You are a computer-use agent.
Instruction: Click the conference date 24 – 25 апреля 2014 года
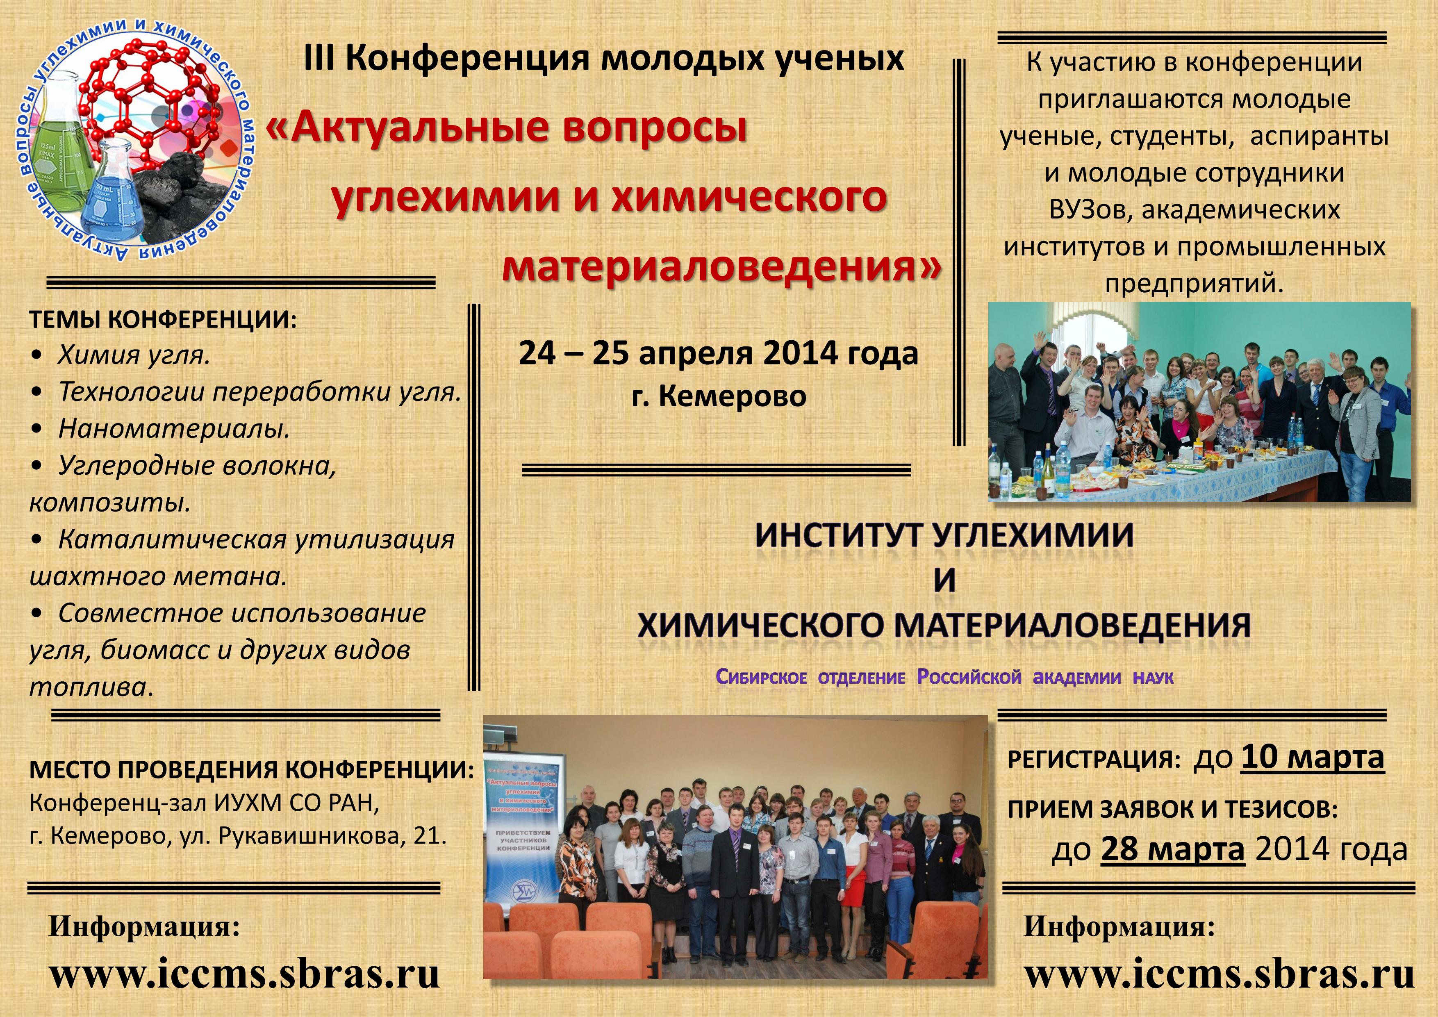(x=718, y=353)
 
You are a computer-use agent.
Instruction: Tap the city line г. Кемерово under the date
(x=719, y=396)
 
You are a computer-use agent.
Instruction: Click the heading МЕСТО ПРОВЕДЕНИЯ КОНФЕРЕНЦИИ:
(x=252, y=770)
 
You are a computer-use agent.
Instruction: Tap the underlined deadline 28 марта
(x=1172, y=849)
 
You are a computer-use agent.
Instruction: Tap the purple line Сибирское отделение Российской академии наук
(x=944, y=678)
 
